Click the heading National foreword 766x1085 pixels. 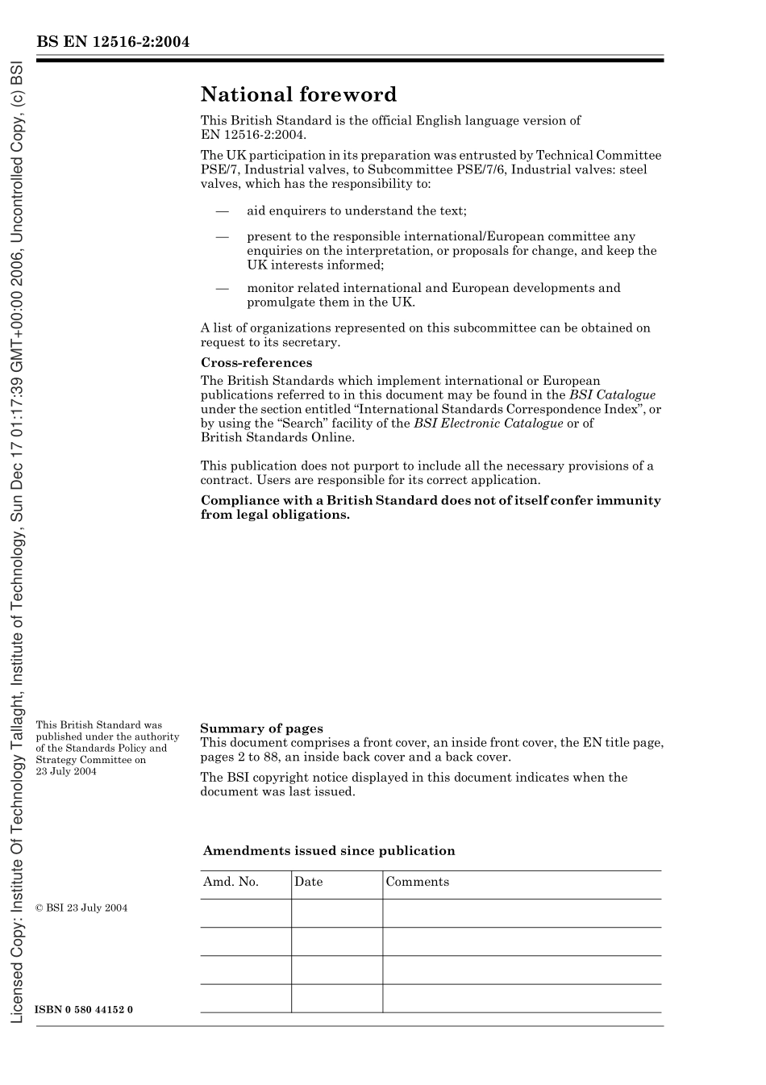pyautogui.click(x=298, y=95)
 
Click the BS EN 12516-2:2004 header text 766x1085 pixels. pyautogui.click(x=113, y=42)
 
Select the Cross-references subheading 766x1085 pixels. pyautogui.click(x=256, y=363)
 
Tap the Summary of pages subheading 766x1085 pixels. pyautogui.click(x=261, y=728)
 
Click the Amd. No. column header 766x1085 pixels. pyautogui.click(x=231, y=882)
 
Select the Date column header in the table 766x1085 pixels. pyautogui.click(x=308, y=882)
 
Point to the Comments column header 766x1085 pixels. pyautogui.click(x=417, y=882)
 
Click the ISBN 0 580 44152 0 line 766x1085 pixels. pyautogui.click(x=84, y=1010)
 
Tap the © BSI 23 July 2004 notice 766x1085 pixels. pyautogui.click(x=81, y=908)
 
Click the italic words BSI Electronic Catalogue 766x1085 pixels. pyautogui.click(x=488, y=424)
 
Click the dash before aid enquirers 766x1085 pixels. pyautogui.click(x=222, y=211)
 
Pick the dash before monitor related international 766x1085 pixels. pyautogui.click(x=222, y=288)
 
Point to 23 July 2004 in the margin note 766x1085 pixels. pyautogui.click(x=66, y=771)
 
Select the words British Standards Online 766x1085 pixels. pyautogui.click(x=277, y=437)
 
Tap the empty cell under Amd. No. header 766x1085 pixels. pyautogui.click(x=245, y=913)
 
